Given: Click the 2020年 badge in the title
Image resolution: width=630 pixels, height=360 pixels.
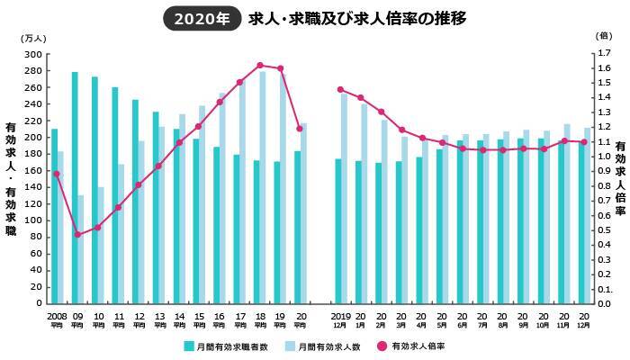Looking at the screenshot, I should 202,18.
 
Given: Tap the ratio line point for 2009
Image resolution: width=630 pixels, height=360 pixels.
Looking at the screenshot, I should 78,235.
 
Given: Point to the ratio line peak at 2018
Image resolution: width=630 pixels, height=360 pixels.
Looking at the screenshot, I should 260,65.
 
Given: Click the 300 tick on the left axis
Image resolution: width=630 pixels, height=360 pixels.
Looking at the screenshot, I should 33,54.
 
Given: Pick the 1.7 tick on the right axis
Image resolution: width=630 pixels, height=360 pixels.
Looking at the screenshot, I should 603,54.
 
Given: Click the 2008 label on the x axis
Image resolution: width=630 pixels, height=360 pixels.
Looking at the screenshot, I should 56,316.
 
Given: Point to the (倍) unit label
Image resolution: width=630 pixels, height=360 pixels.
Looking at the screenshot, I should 604,35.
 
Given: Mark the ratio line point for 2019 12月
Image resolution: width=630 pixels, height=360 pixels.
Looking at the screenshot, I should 340,89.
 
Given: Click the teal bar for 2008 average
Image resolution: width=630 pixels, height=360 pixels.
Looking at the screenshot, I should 54,216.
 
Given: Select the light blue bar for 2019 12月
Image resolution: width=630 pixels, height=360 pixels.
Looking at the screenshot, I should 344,198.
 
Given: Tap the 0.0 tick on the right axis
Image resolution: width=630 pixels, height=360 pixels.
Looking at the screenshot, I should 603,303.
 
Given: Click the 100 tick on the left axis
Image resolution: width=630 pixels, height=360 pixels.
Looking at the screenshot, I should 33,220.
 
